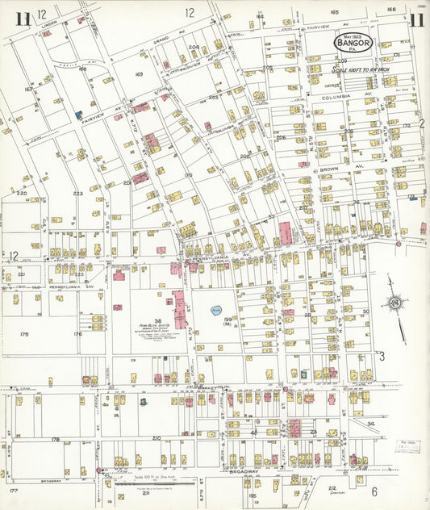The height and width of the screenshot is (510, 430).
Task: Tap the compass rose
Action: (395, 303)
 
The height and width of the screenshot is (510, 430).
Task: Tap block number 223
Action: (78, 194)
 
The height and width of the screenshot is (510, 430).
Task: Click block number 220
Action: (21, 194)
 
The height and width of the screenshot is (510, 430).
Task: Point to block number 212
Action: (332, 487)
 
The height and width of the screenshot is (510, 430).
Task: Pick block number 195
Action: (252, 495)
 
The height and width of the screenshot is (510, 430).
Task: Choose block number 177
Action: (14, 490)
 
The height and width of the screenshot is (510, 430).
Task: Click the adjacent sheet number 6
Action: (374, 491)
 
